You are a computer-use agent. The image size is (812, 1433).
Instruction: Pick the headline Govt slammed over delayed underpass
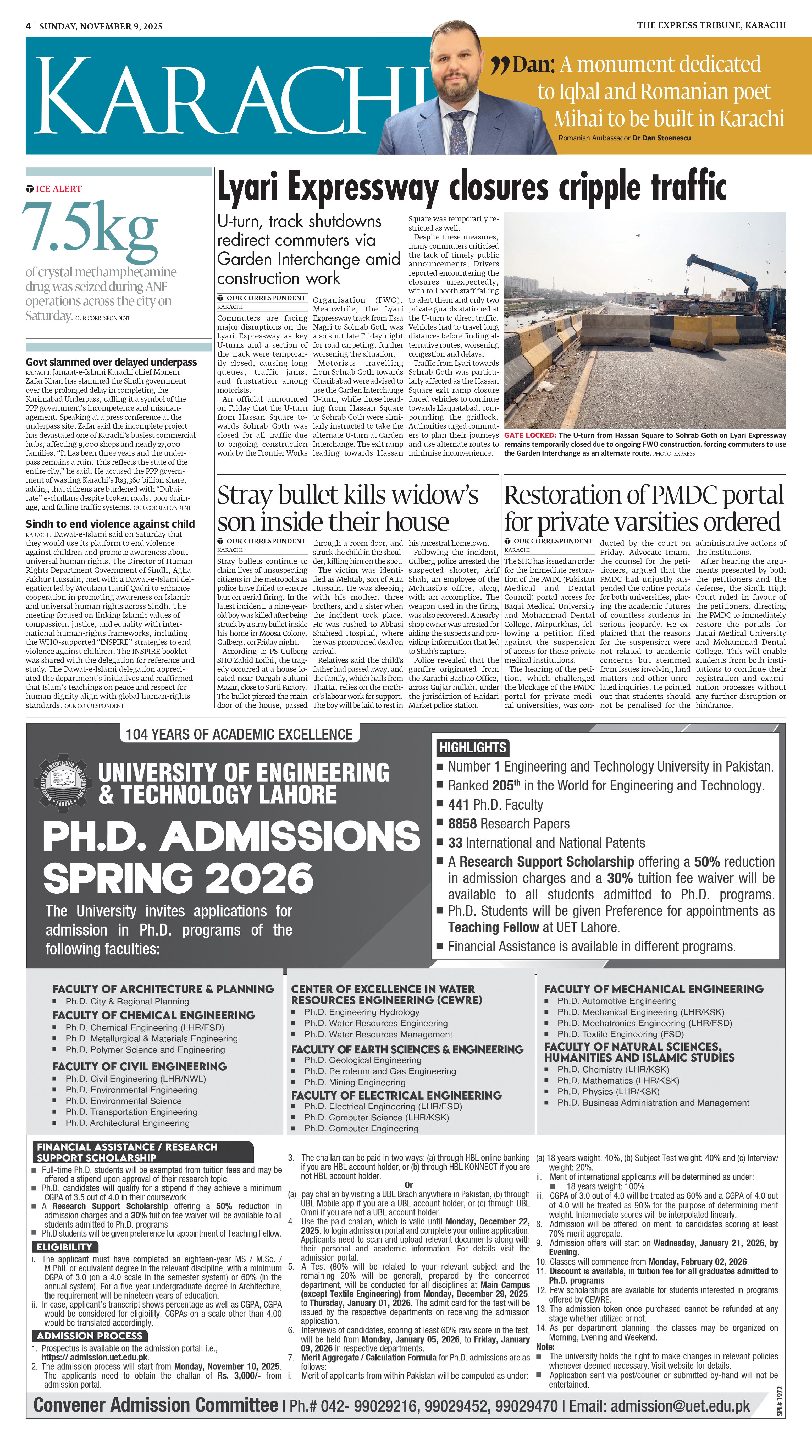click(111, 362)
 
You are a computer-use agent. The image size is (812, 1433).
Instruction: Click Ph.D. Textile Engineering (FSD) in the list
click(620, 1034)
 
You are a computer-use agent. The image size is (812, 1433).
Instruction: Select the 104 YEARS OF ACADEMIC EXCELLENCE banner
click(239, 734)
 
